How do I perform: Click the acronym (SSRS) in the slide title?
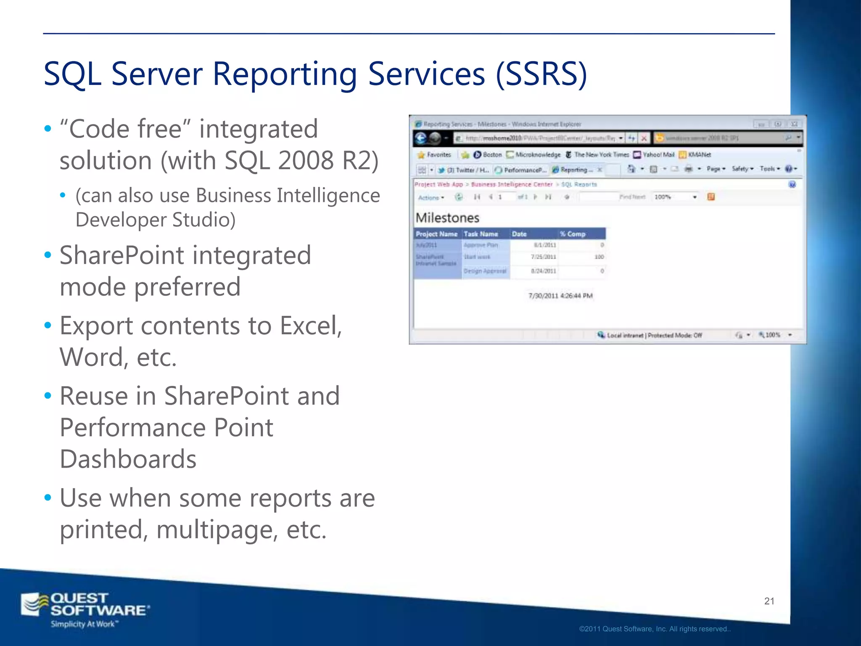[x=541, y=74]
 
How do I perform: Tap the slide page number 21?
[x=769, y=601]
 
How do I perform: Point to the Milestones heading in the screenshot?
[x=447, y=218]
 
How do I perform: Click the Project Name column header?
[x=436, y=234]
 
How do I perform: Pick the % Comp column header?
[x=573, y=234]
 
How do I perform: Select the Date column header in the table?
[x=519, y=234]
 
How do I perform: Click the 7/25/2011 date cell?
[x=543, y=257]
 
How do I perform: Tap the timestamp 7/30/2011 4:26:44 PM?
[x=560, y=296]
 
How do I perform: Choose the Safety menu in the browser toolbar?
[x=742, y=169]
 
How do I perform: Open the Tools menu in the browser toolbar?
[x=769, y=169]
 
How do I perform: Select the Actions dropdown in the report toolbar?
[x=431, y=197]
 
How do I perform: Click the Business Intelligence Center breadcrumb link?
[x=512, y=184]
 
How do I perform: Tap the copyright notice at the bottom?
[x=655, y=629]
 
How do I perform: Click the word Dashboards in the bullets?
[x=128, y=459]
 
